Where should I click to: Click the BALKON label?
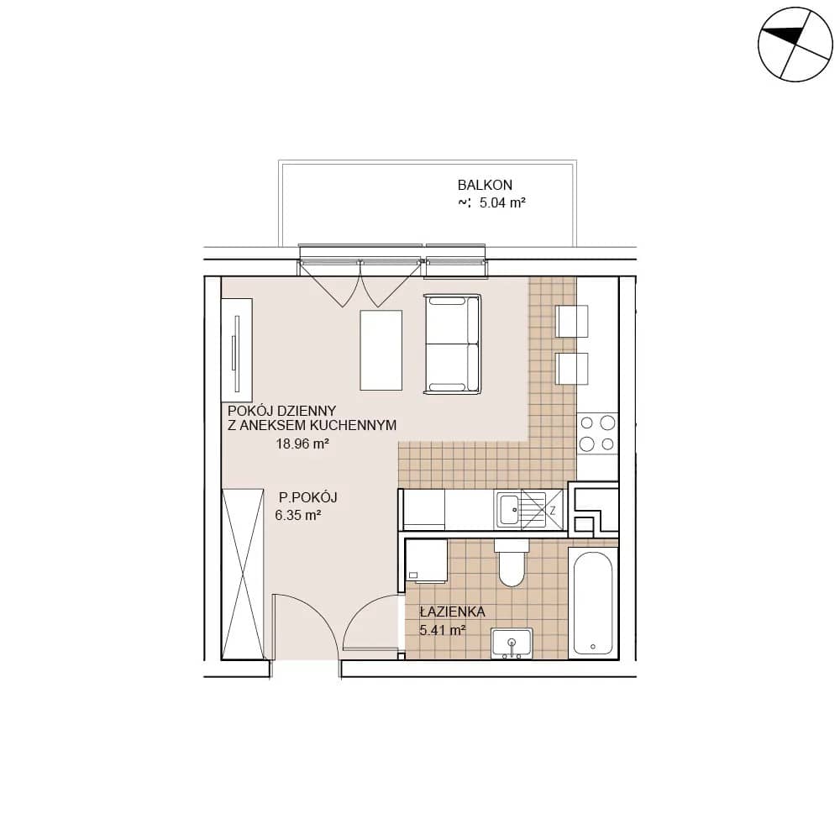point(485,185)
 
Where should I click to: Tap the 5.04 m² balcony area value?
point(502,202)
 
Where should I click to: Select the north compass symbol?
point(795,45)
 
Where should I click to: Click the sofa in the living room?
point(452,344)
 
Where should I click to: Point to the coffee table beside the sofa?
point(381,350)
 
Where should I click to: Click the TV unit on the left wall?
point(237,349)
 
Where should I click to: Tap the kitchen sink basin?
point(508,510)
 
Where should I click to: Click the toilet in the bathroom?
point(512,562)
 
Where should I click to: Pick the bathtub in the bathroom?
point(593,602)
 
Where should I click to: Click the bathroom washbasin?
point(512,643)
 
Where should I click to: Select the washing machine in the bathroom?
point(427,560)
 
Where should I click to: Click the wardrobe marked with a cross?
point(243,574)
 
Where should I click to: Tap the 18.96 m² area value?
point(302,444)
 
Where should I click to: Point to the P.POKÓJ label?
point(308,497)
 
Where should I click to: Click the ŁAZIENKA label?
point(453,612)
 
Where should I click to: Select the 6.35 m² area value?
point(298,515)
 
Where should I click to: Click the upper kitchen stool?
point(571,321)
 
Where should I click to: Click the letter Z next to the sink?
point(553,511)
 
